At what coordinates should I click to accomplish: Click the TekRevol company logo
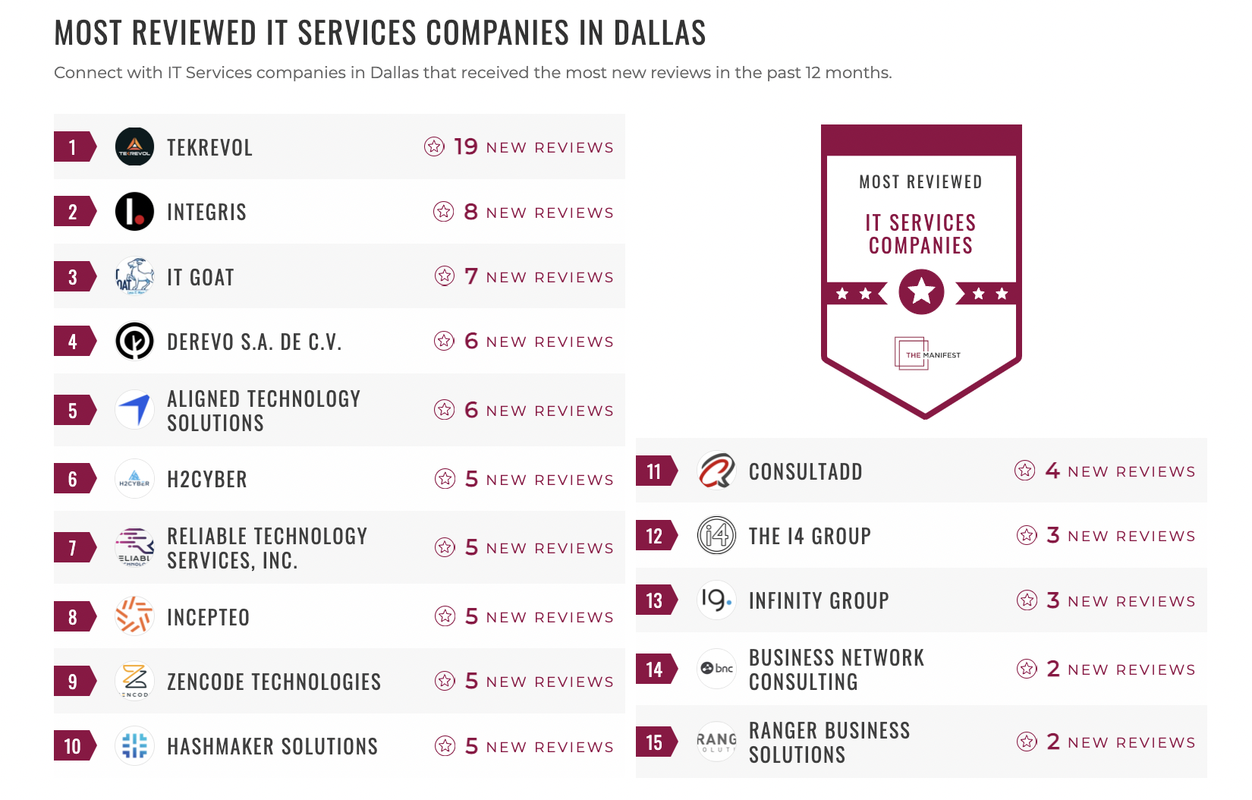(x=134, y=146)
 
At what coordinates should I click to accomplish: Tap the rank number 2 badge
(x=74, y=212)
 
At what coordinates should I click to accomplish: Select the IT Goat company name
(x=200, y=277)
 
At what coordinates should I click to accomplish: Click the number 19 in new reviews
(x=465, y=146)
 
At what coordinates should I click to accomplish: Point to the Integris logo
(x=134, y=212)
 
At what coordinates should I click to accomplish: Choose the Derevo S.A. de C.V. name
(x=254, y=342)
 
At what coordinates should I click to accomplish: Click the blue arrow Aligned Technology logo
(x=134, y=410)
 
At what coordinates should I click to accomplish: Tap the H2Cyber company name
(x=207, y=479)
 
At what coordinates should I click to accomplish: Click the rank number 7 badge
(x=74, y=547)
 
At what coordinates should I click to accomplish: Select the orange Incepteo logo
(x=134, y=616)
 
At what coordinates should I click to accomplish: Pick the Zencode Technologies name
(x=274, y=682)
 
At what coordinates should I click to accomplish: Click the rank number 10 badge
(x=74, y=746)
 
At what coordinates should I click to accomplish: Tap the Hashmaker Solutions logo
(x=134, y=745)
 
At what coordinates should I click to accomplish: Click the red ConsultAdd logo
(x=716, y=471)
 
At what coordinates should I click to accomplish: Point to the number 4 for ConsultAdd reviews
(x=1052, y=471)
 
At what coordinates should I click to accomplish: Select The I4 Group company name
(x=810, y=536)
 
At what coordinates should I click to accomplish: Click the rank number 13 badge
(x=655, y=600)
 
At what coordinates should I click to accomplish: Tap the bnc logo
(x=716, y=669)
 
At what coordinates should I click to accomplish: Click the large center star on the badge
(x=921, y=291)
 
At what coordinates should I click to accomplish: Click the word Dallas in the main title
(x=659, y=33)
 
